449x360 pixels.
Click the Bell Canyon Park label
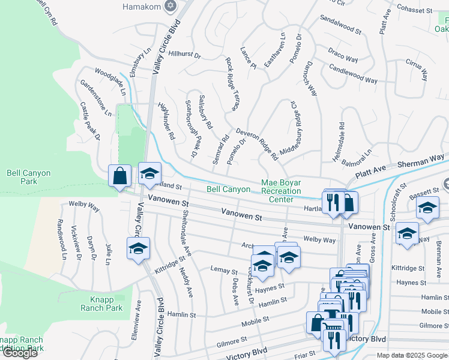point(28,177)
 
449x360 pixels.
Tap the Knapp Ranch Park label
point(101,304)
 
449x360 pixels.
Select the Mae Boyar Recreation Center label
point(281,191)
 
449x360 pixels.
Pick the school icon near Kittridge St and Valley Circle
point(138,248)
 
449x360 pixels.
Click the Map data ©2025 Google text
point(412,355)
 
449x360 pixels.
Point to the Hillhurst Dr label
point(184,53)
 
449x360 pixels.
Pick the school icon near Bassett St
point(427,209)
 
